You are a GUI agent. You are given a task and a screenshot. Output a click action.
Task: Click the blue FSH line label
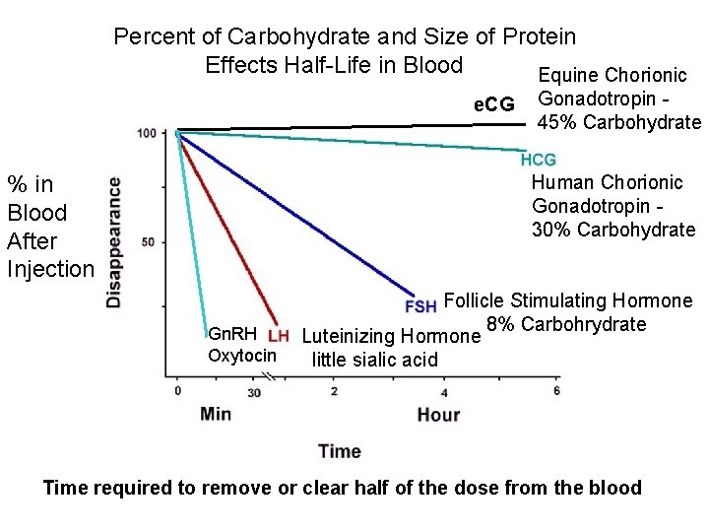(x=420, y=305)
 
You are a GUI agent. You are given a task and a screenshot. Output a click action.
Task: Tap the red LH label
(x=278, y=335)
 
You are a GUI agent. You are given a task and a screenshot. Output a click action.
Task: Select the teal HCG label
(x=539, y=160)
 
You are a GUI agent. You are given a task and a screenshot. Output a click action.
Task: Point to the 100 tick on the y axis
(x=148, y=133)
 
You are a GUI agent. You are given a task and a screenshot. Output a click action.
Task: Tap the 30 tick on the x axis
(x=254, y=392)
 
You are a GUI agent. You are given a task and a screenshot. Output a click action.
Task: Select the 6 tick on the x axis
(x=556, y=391)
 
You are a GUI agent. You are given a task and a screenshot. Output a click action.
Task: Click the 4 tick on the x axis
(x=445, y=391)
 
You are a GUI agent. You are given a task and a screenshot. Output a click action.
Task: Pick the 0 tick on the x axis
(x=177, y=391)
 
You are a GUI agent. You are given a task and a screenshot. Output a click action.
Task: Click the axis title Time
(x=339, y=451)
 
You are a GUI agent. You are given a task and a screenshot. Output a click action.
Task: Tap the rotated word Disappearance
(x=115, y=241)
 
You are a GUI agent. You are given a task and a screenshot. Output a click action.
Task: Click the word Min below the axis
(x=216, y=414)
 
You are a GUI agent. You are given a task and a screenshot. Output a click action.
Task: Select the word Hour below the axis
(x=438, y=414)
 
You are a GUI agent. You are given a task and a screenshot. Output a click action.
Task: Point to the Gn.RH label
(x=233, y=335)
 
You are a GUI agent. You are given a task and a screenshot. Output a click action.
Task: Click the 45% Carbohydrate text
(x=619, y=122)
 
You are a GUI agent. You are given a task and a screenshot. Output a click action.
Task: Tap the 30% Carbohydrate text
(x=613, y=230)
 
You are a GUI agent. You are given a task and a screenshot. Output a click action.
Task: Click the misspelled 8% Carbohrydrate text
(x=566, y=325)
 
